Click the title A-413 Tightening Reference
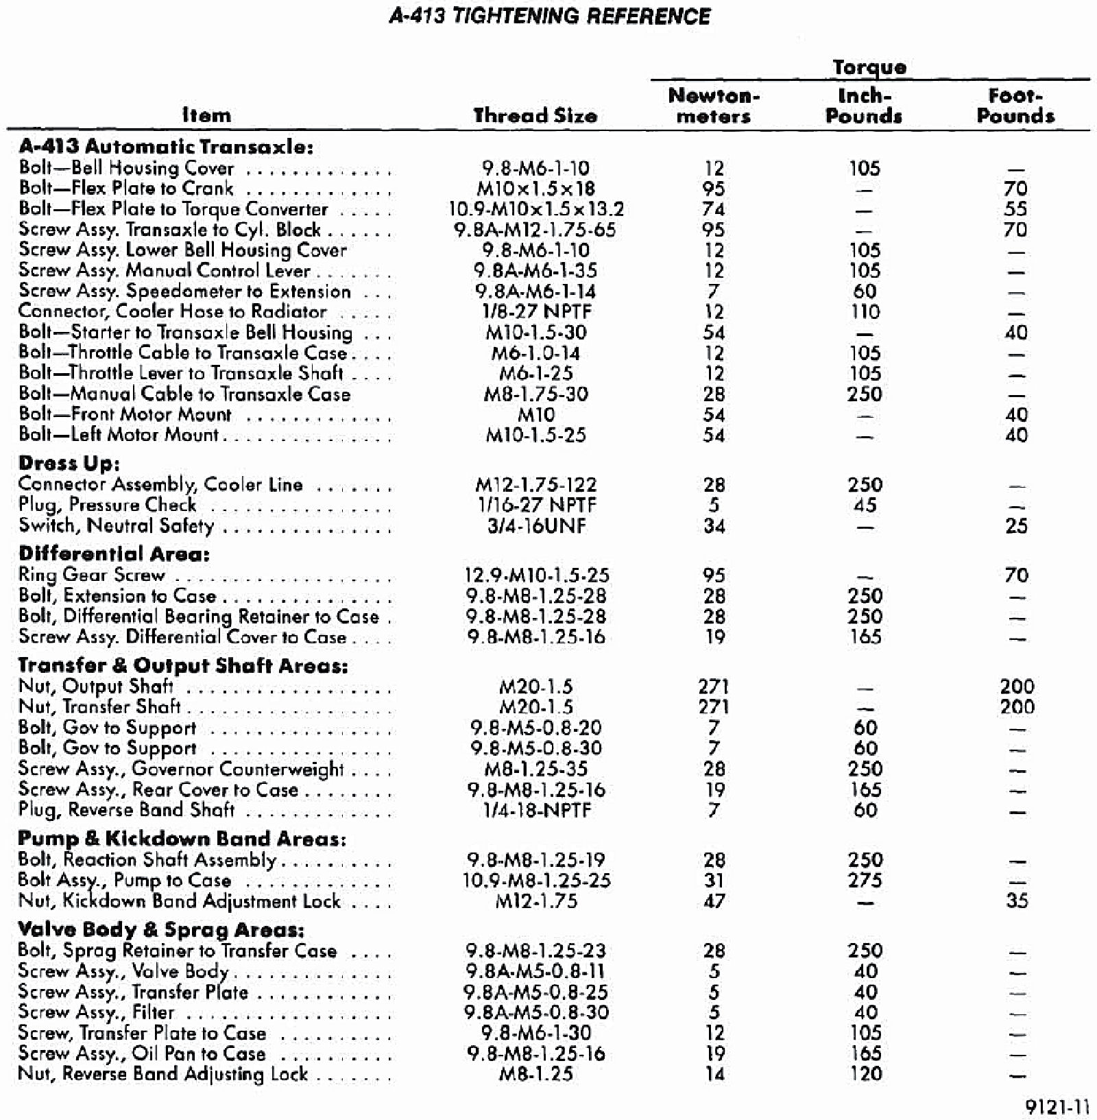click(x=549, y=16)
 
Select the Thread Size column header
click(x=535, y=115)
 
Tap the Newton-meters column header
click(x=714, y=106)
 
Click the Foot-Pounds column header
click(x=1015, y=106)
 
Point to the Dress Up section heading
click(x=69, y=463)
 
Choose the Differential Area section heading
click(x=114, y=553)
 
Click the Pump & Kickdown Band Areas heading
click(x=182, y=838)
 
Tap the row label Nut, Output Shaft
click(x=96, y=686)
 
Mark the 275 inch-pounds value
click(x=865, y=880)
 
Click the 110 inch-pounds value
click(x=865, y=312)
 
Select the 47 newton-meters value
click(x=714, y=901)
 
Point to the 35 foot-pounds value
click(x=1017, y=901)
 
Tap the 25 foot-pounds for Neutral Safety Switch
click(x=1017, y=526)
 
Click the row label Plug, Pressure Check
click(x=108, y=505)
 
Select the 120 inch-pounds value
click(x=865, y=1073)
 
